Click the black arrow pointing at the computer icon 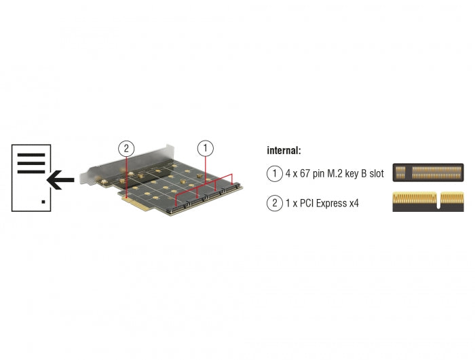[x=61, y=181]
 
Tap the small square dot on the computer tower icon [x=44, y=202]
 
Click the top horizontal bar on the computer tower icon [x=31, y=156]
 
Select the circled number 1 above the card [x=206, y=147]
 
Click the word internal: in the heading [x=284, y=150]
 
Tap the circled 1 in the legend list [x=274, y=174]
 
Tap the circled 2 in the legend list [x=274, y=202]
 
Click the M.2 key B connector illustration [x=428, y=173]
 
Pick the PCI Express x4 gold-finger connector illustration [x=428, y=201]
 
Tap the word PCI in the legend [x=309, y=202]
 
